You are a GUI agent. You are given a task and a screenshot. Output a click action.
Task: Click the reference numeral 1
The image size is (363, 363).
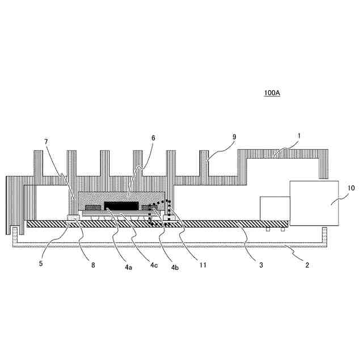(x=299, y=137)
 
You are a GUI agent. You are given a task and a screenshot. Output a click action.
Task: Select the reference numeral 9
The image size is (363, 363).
(x=235, y=137)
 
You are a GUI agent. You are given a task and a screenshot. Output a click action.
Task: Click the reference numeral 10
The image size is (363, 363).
(x=351, y=187)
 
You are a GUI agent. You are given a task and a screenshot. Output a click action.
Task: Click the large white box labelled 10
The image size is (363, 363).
(x=314, y=201)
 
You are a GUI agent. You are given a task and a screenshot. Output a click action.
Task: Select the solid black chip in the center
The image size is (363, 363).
(x=121, y=205)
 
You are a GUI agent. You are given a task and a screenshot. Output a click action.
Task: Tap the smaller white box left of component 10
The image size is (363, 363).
(x=275, y=208)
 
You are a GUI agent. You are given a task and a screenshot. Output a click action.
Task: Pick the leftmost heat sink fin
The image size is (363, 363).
(x=39, y=164)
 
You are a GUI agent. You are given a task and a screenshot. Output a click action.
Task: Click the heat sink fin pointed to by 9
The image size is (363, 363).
(x=204, y=164)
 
